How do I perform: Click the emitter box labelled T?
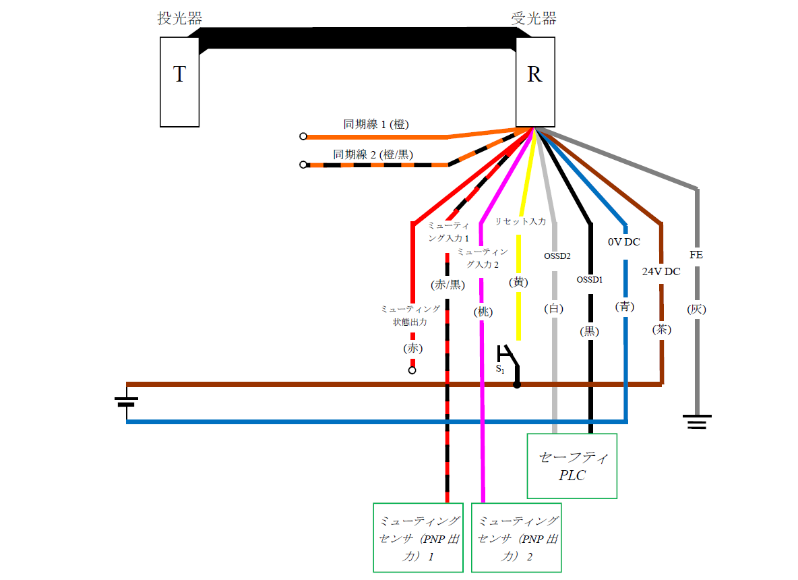point(179,82)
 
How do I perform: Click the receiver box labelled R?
point(534,82)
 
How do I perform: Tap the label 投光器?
point(179,19)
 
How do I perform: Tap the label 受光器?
point(534,19)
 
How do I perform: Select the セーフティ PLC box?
point(572,466)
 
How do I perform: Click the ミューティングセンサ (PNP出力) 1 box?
point(418,538)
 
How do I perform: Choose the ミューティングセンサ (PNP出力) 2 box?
point(516,538)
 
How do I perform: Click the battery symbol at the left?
point(127,403)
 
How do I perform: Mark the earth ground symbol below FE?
point(697,423)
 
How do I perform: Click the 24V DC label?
point(661,272)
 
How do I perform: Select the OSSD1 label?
point(589,279)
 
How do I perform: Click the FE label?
point(696,255)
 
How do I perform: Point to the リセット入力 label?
point(520,221)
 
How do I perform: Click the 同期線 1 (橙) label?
point(376,124)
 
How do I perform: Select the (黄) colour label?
point(518,282)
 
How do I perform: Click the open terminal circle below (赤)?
point(412,370)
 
